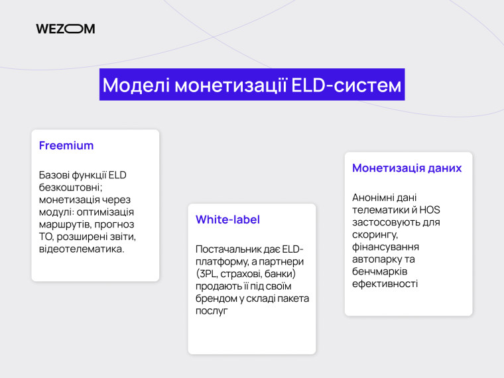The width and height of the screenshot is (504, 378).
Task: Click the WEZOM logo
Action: tap(65, 29)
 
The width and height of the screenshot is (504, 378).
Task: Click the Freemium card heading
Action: tap(66, 145)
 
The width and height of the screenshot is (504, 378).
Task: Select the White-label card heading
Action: tap(227, 220)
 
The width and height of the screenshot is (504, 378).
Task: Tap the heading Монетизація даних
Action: tap(407, 168)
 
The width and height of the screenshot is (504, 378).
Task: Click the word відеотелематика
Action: tap(82, 249)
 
